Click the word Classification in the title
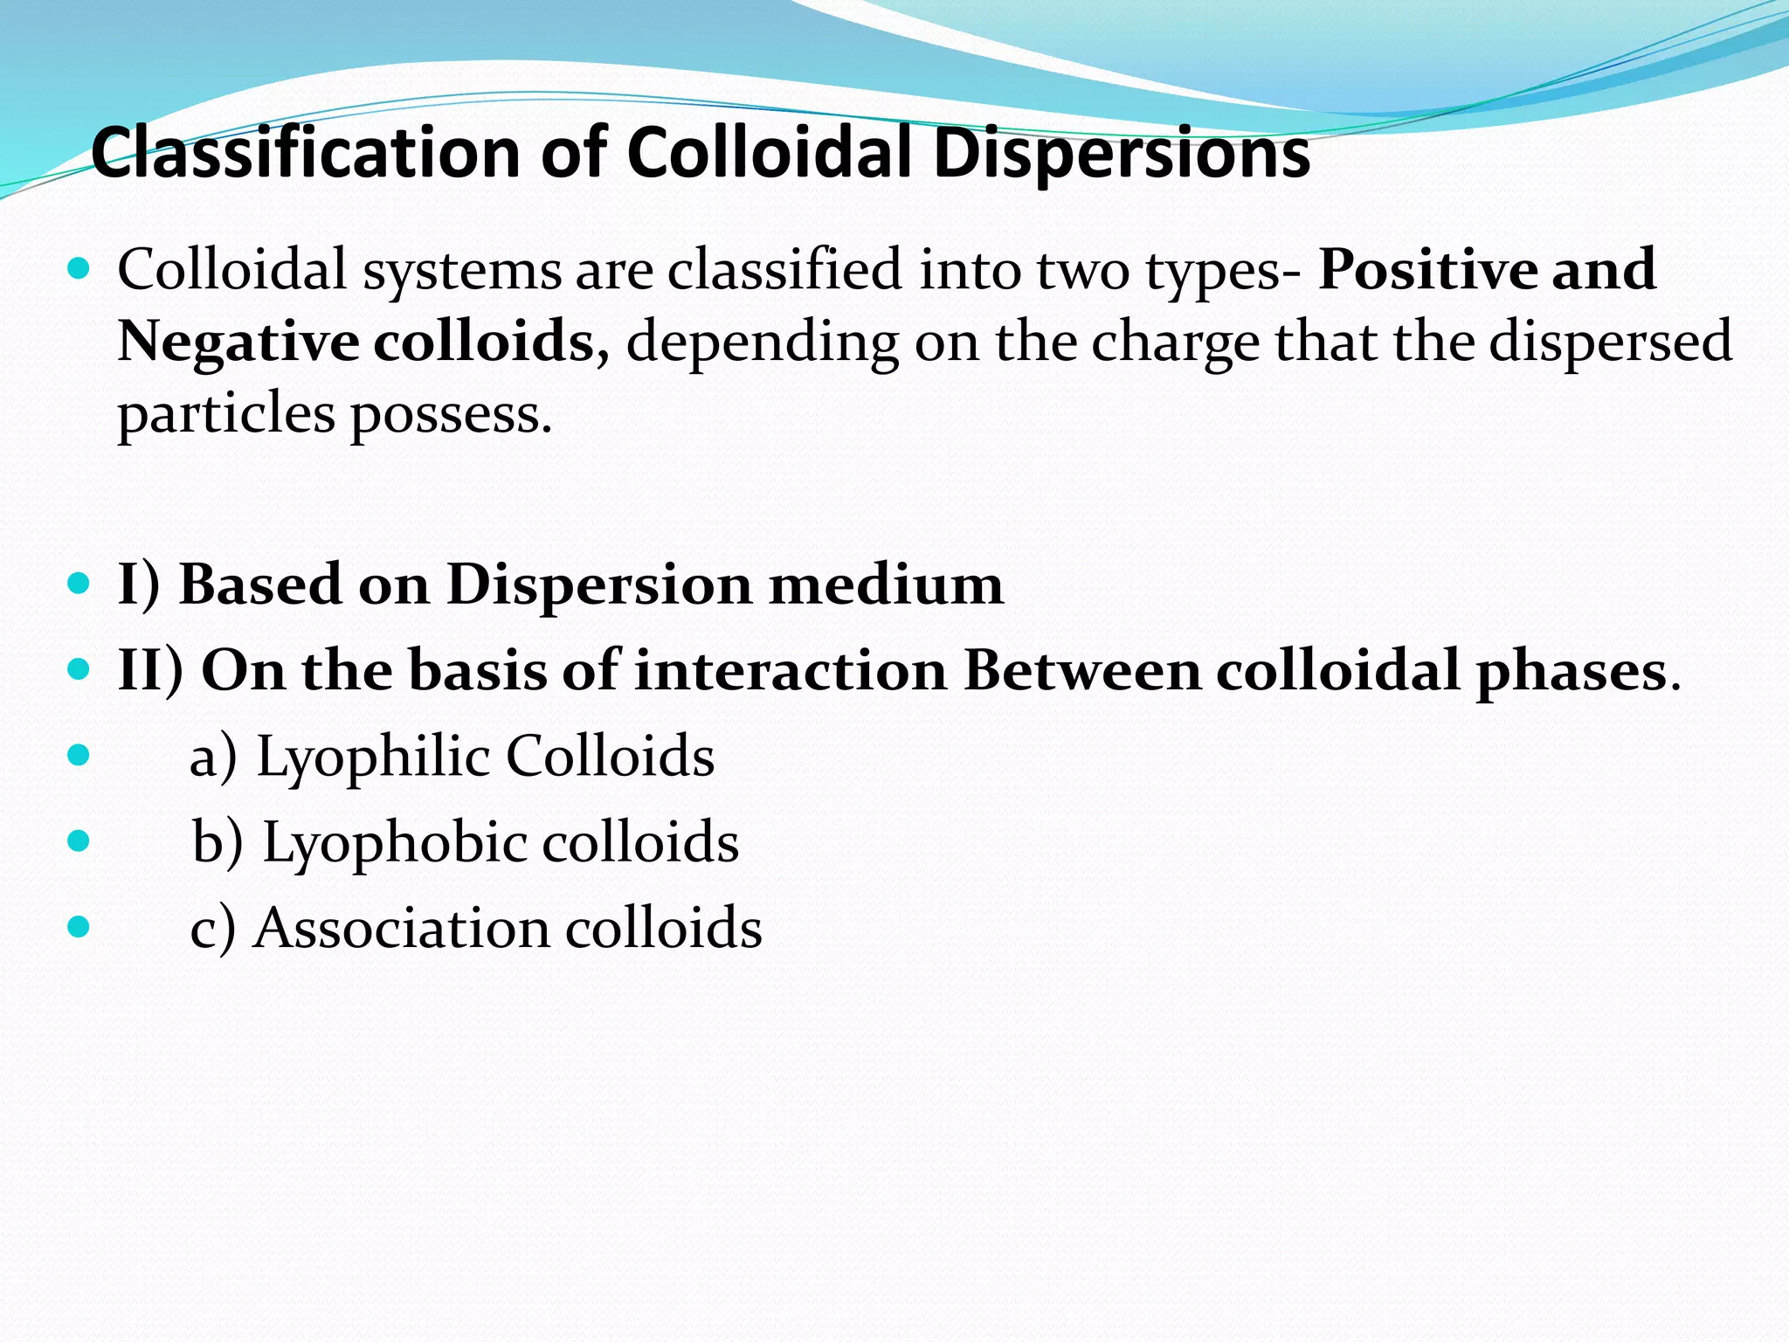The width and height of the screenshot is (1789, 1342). [x=306, y=153]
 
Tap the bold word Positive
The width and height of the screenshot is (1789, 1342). [x=1425, y=269]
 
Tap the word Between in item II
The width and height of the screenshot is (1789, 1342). [x=1082, y=671]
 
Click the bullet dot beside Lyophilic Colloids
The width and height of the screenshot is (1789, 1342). [x=79, y=755]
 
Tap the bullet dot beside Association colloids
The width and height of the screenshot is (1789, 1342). [x=79, y=926]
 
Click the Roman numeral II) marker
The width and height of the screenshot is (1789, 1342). [x=150, y=671]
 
